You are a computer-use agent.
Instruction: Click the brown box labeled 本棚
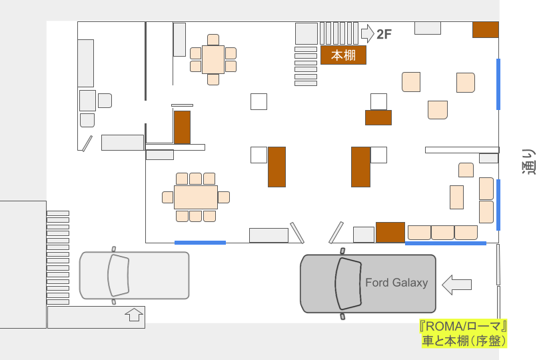[343, 55]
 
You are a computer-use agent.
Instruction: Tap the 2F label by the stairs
[384, 34]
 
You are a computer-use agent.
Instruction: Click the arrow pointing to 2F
[368, 33]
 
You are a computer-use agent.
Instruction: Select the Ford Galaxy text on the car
[396, 282]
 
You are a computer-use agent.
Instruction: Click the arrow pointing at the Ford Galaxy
[457, 285]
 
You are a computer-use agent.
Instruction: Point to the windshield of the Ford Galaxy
[348, 283]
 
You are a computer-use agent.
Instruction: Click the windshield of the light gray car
[119, 275]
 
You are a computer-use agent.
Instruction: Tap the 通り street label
[529, 161]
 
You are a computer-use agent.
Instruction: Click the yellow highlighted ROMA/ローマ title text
[463, 327]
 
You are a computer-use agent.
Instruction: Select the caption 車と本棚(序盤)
[464, 341]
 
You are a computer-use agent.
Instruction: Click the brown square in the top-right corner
[485, 30]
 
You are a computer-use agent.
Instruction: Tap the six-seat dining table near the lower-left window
[196, 197]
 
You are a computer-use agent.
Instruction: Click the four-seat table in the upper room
[213, 59]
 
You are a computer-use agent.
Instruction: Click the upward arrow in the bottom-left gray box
[134, 315]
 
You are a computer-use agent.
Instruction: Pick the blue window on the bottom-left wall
[200, 243]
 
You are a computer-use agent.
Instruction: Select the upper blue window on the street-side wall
[498, 84]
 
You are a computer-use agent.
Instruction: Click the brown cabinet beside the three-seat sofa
[390, 232]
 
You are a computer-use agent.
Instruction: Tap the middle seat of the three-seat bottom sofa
[442, 233]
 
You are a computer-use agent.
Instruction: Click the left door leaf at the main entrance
[297, 233]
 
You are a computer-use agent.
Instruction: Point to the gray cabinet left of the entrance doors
[269, 235]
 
